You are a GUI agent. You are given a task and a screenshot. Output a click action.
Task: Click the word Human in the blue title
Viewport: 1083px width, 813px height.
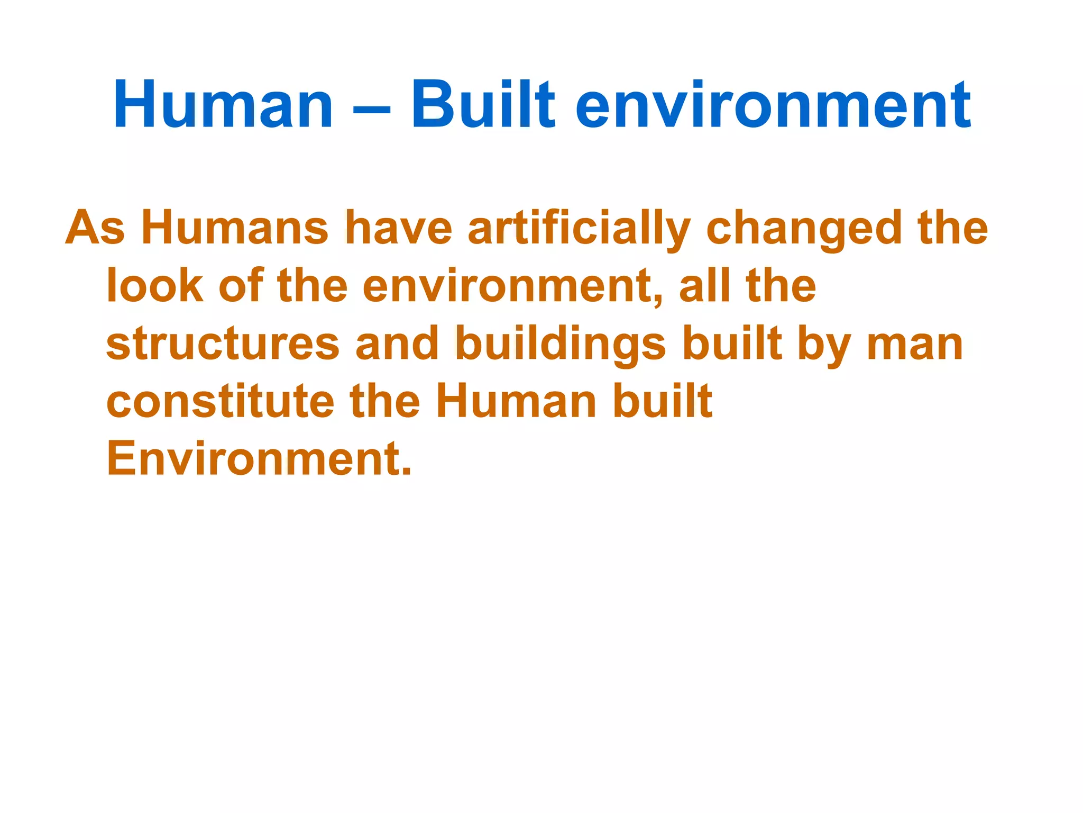(x=223, y=105)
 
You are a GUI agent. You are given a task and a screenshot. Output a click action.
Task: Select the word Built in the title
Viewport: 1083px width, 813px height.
(x=483, y=105)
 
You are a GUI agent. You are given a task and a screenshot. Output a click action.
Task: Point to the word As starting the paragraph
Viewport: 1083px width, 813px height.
(x=95, y=229)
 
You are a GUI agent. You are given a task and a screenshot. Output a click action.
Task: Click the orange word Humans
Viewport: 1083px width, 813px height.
(x=235, y=229)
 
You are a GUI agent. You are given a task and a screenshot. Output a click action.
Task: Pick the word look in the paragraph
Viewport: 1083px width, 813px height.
(x=154, y=286)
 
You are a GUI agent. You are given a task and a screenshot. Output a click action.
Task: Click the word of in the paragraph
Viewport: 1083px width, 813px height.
(x=241, y=286)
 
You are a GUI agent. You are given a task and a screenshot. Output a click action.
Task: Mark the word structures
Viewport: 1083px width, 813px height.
(x=223, y=344)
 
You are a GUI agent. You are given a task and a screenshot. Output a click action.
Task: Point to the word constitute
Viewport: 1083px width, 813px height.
(x=220, y=402)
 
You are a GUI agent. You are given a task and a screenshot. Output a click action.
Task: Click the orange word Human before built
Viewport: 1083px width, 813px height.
(x=516, y=402)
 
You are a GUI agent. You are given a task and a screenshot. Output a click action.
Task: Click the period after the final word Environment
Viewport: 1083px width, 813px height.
(x=406, y=471)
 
